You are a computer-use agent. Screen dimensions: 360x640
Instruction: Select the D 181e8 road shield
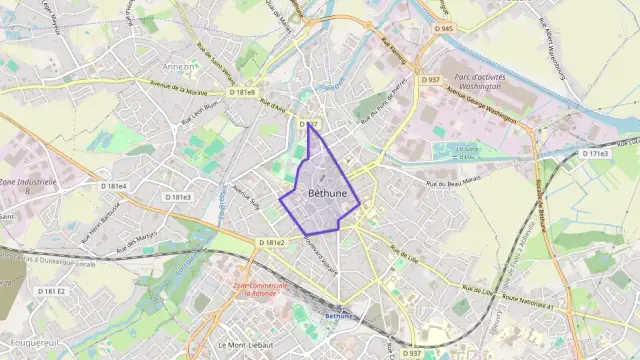(243, 92)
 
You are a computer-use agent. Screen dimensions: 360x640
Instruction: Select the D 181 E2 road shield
(51, 291)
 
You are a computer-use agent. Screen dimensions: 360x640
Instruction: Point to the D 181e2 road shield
(272, 243)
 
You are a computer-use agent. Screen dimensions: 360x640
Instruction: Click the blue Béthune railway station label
(341, 317)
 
